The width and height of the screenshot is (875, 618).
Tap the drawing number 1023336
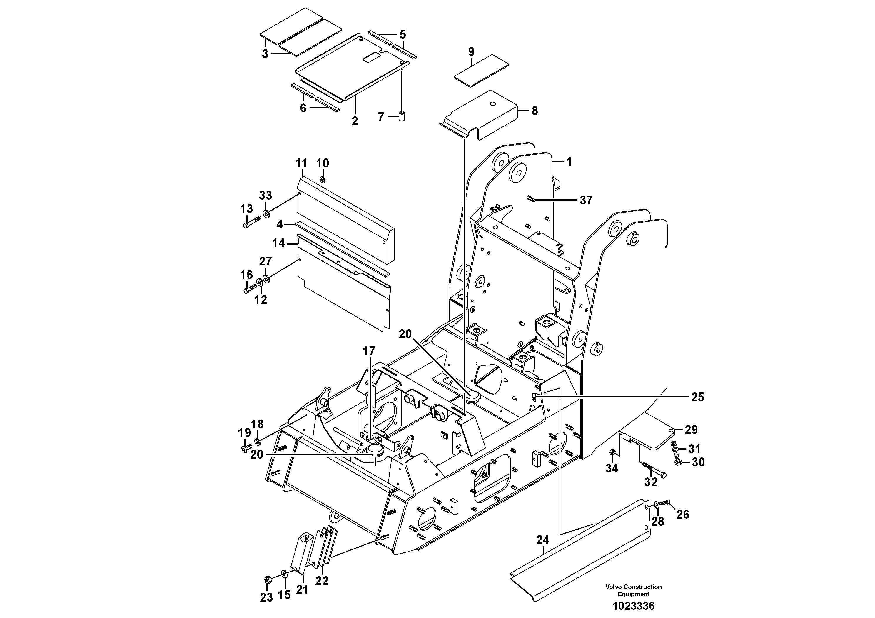(x=633, y=606)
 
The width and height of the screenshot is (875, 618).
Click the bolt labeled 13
(x=251, y=222)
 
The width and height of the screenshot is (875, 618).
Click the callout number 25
(x=697, y=397)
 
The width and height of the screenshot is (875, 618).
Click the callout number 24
(x=543, y=540)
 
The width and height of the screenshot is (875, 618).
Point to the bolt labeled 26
(x=665, y=503)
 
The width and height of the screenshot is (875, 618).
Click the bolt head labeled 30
(x=677, y=462)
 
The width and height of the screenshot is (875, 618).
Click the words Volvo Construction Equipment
(x=633, y=590)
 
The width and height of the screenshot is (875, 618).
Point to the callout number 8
(x=535, y=111)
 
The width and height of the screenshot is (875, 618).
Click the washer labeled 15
(x=284, y=574)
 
